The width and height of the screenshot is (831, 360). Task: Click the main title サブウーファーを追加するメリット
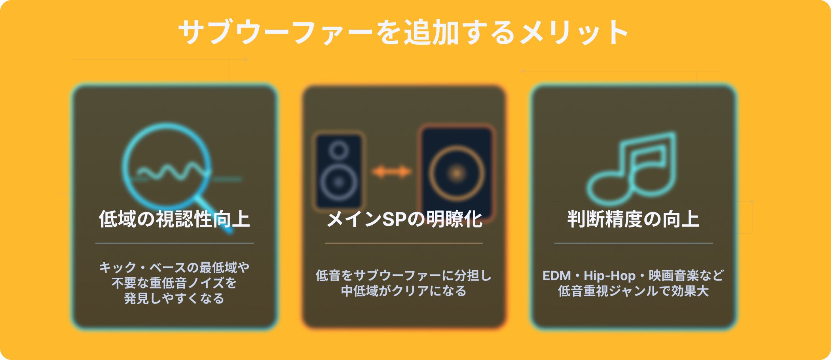click(x=404, y=32)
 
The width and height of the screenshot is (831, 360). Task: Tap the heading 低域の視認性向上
click(x=174, y=219)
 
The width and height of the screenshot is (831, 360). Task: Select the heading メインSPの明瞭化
click(x=404, y=219)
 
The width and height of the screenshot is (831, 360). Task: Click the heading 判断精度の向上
click(x=633, y=219)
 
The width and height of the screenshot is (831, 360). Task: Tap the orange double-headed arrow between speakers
click(x=391, y=172)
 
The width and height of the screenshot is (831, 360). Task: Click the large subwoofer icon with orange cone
click(x=456, y=172)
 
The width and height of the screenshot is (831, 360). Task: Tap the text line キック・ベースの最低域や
click(x=174, y=267)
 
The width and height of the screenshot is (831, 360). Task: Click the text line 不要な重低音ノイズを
click(x=174, y=283)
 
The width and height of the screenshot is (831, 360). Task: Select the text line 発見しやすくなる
click(x=174, y=298)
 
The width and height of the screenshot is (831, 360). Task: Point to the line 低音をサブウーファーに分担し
click(x=404, y=275)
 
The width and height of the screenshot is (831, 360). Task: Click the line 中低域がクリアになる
click(x=404, y=291)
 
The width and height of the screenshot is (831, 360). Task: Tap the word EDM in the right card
click(x=557, y=275)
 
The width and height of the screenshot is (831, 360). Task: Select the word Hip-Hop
click(x=609, y=276)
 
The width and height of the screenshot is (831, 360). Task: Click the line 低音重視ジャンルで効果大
click(x=633, y=291)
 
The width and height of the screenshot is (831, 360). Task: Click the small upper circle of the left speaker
click(x=339, y=150)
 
